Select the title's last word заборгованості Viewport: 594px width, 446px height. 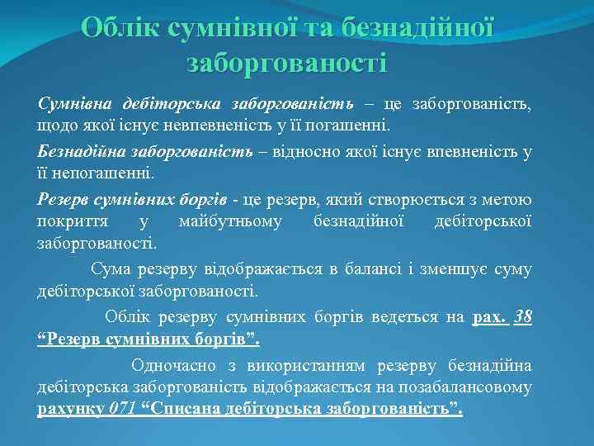tap(286, 62)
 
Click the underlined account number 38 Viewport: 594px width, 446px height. tap(522, 318)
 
